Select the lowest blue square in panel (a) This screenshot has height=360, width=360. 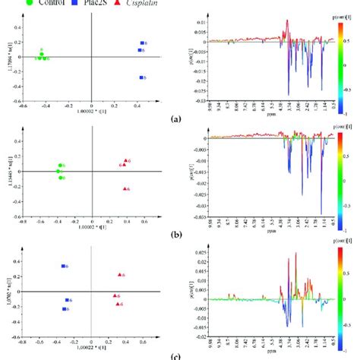click(141, 77)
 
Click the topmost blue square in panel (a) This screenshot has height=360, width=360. click(141, 43)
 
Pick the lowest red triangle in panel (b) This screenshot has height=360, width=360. click(123, 188)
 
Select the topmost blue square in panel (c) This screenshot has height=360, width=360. click(64, 267)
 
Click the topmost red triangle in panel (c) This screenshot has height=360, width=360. click(120, 275)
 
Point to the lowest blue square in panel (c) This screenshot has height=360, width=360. click(65, 308)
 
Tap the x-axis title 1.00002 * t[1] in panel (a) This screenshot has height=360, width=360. click(91, 112)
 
